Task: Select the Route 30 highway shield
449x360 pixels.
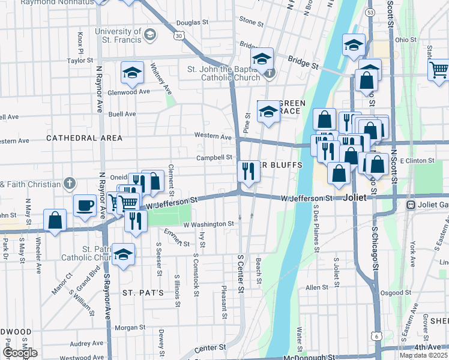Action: [x=179, y=36]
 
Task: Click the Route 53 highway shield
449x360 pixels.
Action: [x=370, y=12]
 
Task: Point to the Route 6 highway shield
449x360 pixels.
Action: [x=376, y=337]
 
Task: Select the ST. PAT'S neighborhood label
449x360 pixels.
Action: [x=143, y=293]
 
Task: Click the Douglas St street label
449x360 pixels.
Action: [x=192, y=22]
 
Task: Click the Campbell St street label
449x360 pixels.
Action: [x=214, y=158]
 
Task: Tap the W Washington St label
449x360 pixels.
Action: [x=208, y=224]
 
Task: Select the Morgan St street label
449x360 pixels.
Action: [x=126, y=328]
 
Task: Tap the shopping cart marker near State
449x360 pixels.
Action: [x=439, y=70]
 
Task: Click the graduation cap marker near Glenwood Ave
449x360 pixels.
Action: [x=132, y=73]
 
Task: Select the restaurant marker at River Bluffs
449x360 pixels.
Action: [x=248, y=171]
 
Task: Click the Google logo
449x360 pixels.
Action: [x=20, y=353]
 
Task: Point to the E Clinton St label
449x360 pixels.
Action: [x=417, y=161]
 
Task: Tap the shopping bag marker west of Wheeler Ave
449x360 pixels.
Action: [x=55, y=220]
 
